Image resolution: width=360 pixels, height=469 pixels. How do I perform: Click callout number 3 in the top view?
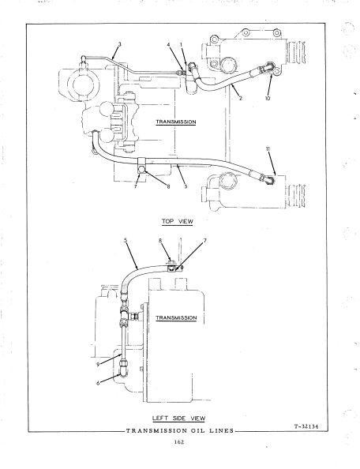pos(119,44)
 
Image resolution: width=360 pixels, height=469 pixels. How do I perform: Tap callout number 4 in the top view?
pos(169,45)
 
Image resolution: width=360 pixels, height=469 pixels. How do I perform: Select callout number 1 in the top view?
pos(182,44)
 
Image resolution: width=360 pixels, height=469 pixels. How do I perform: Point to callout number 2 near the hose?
pos(241,98)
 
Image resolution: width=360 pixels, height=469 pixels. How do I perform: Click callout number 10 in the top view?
pos(268,98)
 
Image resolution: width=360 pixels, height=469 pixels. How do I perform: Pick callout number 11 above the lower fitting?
pos(268,148)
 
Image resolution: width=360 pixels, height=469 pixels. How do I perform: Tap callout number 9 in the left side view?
pos(98,365)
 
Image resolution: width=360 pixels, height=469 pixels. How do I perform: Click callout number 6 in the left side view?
pos(98,383)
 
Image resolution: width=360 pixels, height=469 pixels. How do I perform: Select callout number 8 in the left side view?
pos(160,240)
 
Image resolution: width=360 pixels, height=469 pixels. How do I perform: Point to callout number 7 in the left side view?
pos(204,240)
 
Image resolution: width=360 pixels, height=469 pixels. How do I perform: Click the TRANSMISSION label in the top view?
pos(176,122)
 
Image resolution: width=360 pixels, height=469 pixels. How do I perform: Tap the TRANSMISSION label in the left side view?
pos(176,317)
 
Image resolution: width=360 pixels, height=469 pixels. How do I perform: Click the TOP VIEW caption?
pos(178,221)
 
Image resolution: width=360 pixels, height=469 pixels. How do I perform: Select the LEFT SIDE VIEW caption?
pos(178,418)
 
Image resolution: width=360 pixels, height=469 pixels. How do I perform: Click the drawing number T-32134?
pos(306,426)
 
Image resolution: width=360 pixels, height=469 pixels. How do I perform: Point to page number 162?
pos(179,442)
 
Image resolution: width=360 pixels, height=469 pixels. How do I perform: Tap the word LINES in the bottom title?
pos(222,431)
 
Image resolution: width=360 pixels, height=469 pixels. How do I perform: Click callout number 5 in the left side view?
pos(126,240)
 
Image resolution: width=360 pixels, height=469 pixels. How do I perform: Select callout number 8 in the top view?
pos(168,186)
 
